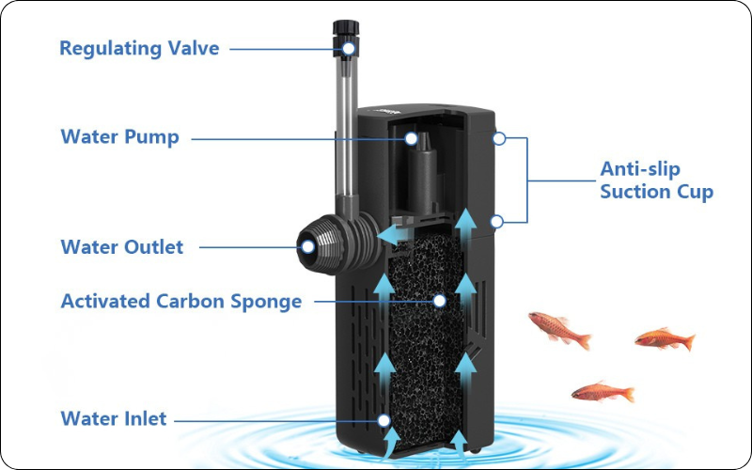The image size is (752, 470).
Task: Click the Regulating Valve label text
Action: click(139, 49)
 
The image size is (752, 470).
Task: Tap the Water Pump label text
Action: click(120, 136)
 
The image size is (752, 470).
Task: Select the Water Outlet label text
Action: click(122, 247)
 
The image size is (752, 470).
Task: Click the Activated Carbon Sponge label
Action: click(181, 302)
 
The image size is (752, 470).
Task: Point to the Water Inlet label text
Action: click(114, 418)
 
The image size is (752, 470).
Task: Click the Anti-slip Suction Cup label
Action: click(656, 180)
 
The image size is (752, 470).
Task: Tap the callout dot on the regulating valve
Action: click(349, 49)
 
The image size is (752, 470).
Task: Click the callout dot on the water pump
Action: click(411, 138)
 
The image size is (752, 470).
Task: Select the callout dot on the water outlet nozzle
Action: click(307, 247)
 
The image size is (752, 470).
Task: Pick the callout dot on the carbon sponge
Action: click(439, 301)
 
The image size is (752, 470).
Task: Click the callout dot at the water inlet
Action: click(384, 420)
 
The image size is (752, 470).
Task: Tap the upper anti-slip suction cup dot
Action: click(499, 138)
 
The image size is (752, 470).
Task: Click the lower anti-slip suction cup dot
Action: click(497, 222)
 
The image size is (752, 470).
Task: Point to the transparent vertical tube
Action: click(346, 125)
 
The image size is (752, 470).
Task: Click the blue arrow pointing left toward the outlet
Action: click(392, 234)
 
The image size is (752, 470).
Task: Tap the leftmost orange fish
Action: click(559, 328)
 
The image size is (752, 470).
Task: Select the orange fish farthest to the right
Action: click(665, 339)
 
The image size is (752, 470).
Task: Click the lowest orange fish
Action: click(603, 392)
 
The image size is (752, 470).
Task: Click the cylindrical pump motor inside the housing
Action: click(424, 173)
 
